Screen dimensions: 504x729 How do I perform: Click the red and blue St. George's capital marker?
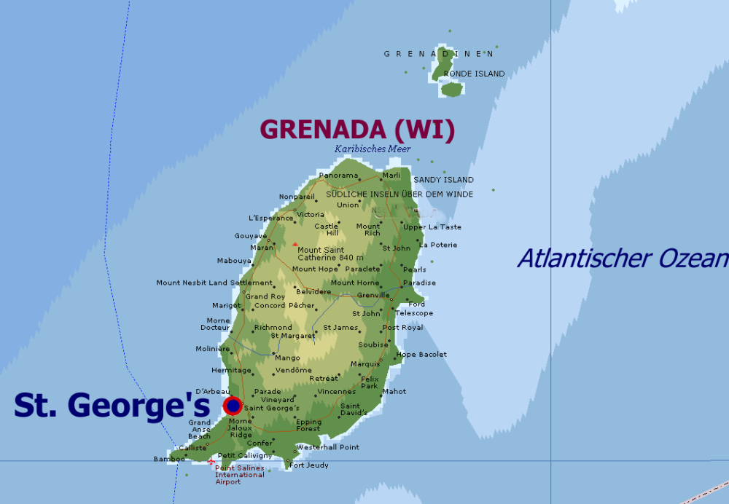[233, 406]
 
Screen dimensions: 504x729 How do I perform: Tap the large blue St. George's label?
[112, 406]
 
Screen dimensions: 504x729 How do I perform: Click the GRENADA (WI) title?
[357, 129]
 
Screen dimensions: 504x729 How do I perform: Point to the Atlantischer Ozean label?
[623, 258]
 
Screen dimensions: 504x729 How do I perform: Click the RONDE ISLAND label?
[474, 74]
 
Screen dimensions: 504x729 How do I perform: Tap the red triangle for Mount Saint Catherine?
[295, 245]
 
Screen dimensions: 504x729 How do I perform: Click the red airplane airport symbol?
[211, 462]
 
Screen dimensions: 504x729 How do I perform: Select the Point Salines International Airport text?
[240, 475]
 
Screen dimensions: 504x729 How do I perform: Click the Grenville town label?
[373, 295]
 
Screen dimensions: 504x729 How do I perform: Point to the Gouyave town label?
[250, 236]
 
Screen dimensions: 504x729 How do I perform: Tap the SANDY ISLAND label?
[443, 179]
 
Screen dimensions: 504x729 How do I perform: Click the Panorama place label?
[339, 176]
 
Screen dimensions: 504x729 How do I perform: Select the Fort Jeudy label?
[309, 465]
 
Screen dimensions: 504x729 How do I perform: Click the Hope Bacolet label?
[421, 354]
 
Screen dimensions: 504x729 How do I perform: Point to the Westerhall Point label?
[327, 446]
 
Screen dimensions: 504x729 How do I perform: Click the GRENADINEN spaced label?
[440, 53]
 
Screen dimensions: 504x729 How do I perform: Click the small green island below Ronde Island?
[452, 89]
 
